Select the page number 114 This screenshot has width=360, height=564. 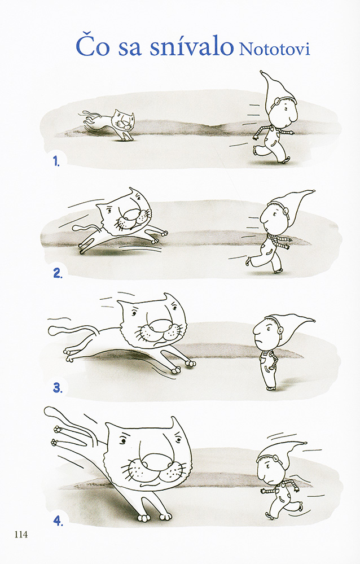tap(21, 535)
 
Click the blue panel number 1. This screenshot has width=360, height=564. tap(56, 161)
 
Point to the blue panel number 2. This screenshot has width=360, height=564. tap(58, 274)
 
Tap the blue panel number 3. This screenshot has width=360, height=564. tap(58, 388)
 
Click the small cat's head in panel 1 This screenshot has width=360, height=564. tap(123, 121)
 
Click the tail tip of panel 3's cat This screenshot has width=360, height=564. tap(52, 330)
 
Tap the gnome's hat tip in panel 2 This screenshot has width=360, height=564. tap(314, 191)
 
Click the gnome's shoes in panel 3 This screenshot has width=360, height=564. tap(271, 388)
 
